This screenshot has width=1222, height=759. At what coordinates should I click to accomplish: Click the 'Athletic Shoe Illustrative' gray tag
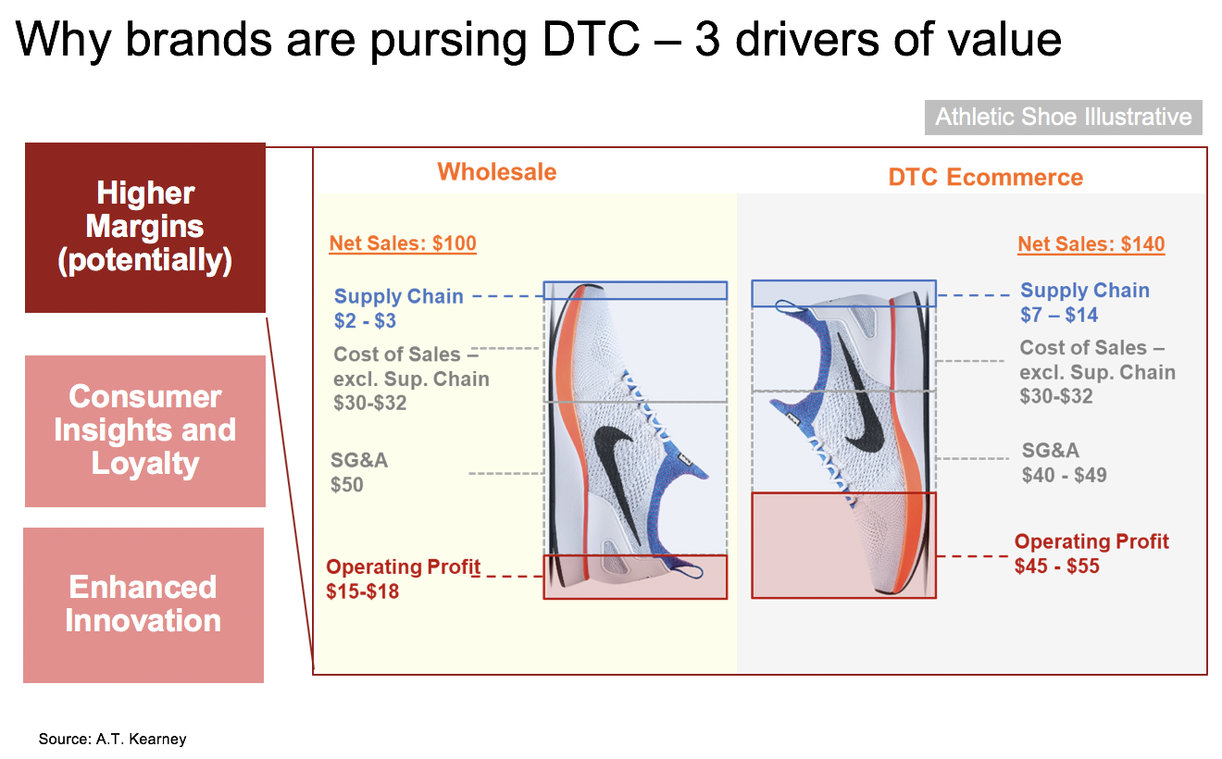1063,118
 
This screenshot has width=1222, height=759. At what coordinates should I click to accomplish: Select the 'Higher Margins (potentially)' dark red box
145,228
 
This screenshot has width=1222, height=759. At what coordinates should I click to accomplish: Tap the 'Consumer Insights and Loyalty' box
145,430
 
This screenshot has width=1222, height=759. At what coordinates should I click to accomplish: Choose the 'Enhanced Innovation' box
143,604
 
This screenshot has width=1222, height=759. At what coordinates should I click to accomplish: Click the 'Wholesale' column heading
497,172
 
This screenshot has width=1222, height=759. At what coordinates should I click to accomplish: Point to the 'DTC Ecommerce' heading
985,177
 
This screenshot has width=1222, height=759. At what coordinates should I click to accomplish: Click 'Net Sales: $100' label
403,243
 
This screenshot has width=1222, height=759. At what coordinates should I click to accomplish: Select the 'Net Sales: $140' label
1091,243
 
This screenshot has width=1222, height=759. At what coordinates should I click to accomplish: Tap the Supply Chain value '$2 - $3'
365,320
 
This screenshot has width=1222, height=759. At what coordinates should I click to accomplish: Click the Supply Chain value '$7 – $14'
1059,315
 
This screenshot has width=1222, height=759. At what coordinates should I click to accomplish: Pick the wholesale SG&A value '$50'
347,485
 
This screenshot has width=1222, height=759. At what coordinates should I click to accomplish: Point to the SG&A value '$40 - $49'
1065,475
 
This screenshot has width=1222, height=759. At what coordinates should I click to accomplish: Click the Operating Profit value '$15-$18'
363,591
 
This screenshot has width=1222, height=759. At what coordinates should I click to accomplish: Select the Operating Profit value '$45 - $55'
1056,566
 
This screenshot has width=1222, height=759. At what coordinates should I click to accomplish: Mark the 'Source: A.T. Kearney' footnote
112,739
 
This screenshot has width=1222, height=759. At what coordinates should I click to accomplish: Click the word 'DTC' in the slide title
591,39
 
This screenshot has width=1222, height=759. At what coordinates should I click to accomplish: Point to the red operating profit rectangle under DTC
843,545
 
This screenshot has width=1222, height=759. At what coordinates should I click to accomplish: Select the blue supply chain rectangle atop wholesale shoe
635,290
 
